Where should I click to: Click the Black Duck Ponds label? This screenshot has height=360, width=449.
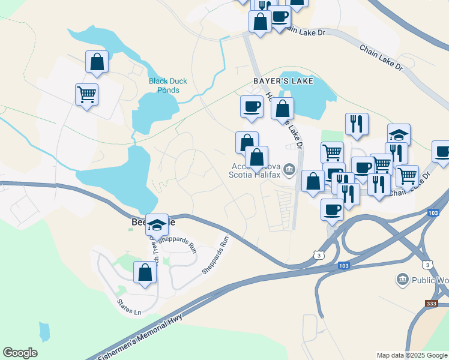[x=164, y=86]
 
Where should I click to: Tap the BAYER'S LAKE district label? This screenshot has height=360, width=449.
[x=283, y=80]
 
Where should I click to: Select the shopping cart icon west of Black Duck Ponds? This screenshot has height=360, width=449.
[x=86, y=94]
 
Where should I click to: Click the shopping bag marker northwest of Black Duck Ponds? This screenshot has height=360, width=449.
[x=97, y=61]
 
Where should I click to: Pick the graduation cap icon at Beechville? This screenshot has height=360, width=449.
[x=157, y=225]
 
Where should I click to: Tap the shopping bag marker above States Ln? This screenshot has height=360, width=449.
[x=145, y=272]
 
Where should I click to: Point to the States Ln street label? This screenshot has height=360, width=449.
[x=129, y=303]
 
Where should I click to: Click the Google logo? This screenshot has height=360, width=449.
[x=20, y=353]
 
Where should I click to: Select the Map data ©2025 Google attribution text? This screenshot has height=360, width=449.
[x=411, y=355]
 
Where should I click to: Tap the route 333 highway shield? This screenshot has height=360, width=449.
[x=431, y=304]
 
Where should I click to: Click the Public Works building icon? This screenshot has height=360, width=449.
[x=402, y=280]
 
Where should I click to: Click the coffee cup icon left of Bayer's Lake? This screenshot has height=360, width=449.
[x=252, y=107]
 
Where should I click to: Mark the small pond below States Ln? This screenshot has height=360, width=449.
[x=44, y=331]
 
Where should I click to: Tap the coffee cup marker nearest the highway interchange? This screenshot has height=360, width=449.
[x=332, y=209]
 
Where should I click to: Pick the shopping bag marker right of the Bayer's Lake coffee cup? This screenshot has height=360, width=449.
[x=282, y=109]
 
